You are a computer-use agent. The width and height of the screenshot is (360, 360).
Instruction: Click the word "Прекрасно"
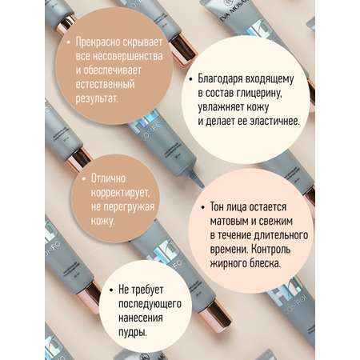pyautogui.click(x=98, y=42)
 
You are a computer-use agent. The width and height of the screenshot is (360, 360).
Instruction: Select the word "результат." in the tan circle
pyautogui.click(x=97, y=99)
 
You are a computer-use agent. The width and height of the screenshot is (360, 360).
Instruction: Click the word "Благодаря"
pyautogui.click(x=219, y=79)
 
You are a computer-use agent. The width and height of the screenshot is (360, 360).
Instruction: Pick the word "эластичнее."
pyautogui.click(x=274, y=122)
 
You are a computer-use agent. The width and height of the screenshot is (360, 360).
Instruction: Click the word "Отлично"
pyautogui.click(x=108, y=178)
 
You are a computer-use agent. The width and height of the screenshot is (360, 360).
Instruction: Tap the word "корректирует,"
pyautogui.click(x=120, y=193)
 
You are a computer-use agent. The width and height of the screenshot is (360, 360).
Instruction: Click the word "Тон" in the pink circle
pyautogui.click(x=217, y=207)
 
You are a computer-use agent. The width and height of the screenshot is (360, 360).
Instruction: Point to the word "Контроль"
pyautogui.click(x=271, y=250)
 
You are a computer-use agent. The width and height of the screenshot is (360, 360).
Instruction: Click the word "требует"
pyautogui.click(x=147, y=290)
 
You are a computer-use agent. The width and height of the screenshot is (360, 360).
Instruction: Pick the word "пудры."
pyautogui.click(x=133, y=333)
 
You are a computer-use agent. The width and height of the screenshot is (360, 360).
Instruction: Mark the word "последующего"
pyautogui.click(x=150, y=304)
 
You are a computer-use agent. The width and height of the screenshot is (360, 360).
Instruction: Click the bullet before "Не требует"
pyautogui.click(x=111, y=290)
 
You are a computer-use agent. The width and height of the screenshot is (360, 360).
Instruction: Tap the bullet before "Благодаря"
pyautogui.click(x=190, y=79)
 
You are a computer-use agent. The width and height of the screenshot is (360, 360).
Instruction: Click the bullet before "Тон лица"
pyautogui.click(x=203, y=207)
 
